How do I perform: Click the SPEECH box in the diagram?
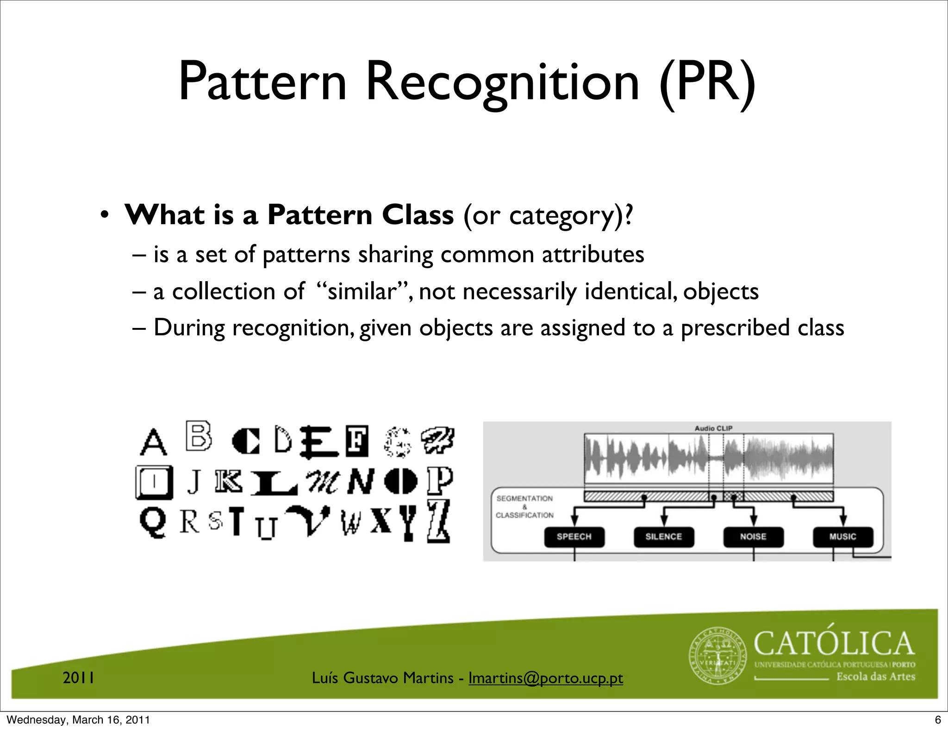(x=574, y=537)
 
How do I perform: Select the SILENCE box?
(x=664, y=537)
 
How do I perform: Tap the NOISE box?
(x=753, y=537)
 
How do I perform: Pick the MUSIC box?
(x=842, y=537)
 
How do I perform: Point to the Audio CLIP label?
(x=713, y=428)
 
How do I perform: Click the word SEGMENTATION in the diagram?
(x=524, y=498)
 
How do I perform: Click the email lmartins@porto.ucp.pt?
(x=545, y=678)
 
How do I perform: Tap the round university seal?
(x=718, y=656)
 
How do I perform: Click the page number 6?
(x=938, y=720)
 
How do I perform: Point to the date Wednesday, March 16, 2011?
(x=78, y=720)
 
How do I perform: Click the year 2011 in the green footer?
(x=79, y=678)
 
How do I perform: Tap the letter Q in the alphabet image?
(x=153, y=522)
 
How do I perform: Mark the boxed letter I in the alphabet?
(x=155, y=482)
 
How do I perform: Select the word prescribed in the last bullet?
(x=735, y=327)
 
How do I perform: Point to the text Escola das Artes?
(x=875, y=677)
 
